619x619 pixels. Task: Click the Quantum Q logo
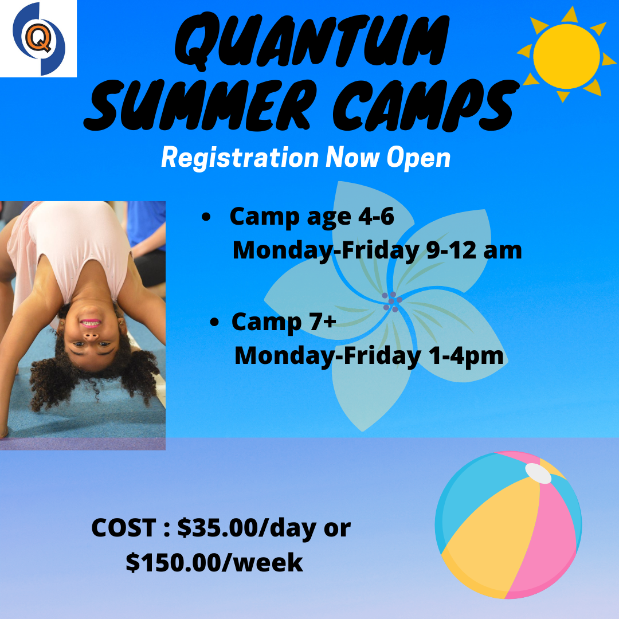point(39,38)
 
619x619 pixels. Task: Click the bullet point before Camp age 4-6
point(206,218)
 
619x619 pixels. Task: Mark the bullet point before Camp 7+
point(215,323)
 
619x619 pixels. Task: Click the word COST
point(124,528)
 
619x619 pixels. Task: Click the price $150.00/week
point(214,562)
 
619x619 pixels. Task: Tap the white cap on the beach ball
point(538,473)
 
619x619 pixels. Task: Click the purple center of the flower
point(391,301)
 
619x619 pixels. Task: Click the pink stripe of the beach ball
point(547,539)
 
